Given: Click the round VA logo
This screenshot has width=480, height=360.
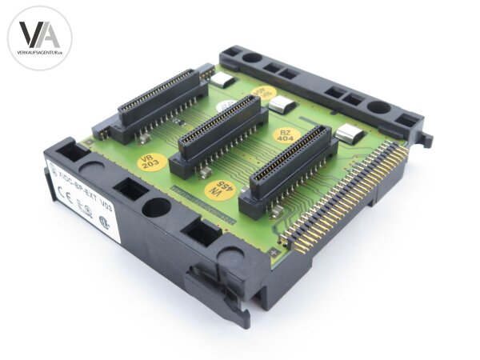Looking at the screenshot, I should (40, 38).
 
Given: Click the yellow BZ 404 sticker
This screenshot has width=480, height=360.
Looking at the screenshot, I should (285, 135).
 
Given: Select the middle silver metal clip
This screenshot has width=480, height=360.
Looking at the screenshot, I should (281, 103).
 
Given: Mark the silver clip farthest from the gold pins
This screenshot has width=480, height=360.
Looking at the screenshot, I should (223, 80).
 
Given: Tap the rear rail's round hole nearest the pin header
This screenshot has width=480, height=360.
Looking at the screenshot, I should (379, 106).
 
